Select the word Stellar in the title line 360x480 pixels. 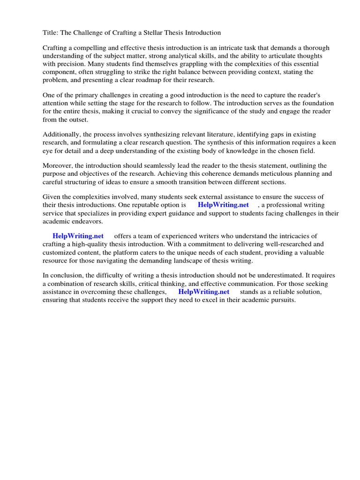(154, 33)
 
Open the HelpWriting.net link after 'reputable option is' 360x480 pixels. (223, 205)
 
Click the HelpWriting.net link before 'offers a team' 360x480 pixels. (78, 236)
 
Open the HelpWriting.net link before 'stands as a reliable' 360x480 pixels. (204, 292)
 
